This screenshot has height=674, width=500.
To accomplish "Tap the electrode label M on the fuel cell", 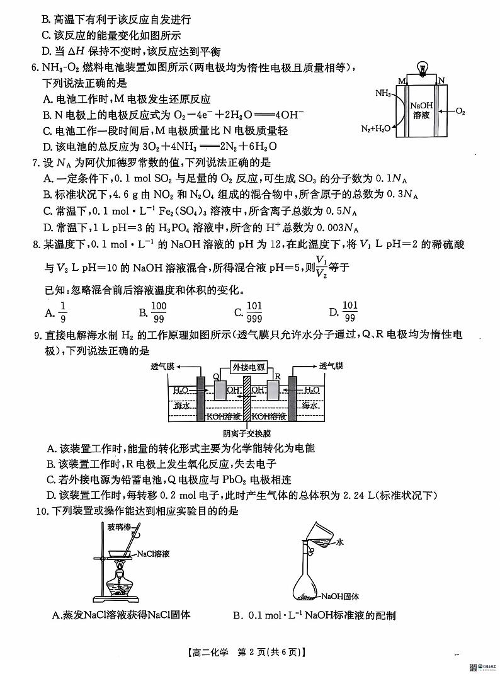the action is coord(401,81).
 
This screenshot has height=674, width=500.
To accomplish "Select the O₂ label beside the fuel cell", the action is coord(460,111).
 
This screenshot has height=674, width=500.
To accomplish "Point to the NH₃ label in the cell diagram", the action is coord(383,93).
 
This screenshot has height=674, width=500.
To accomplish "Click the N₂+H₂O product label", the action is coord(376,130).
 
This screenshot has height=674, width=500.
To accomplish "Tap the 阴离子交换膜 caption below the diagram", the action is coord(247,433).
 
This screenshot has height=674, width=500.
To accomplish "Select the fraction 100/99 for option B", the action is coord(159,311).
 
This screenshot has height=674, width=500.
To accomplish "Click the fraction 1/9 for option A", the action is coord(62,311).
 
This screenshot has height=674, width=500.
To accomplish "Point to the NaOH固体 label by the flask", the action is coord(340,596).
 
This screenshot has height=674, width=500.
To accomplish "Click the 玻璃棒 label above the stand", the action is coord(119,525).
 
